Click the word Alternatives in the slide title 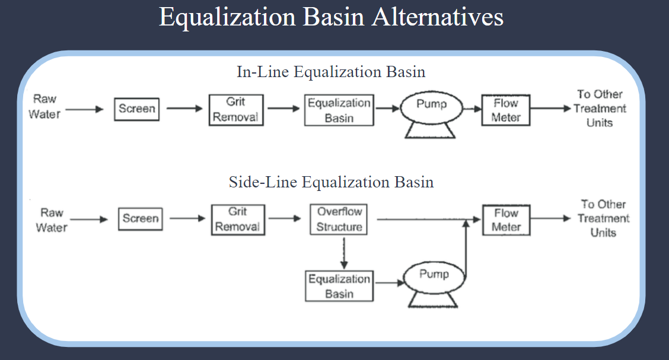point(438,17)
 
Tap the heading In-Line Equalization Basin point(331,72)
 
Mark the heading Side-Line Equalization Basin point(331,182)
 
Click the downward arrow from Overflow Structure point(344,253)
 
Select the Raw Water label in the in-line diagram point(44,107)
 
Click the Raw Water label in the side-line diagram point(52,220)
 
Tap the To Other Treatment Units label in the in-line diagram point(600,109)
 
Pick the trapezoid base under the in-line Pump point(430,130)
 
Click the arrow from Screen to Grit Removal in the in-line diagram point(184,109)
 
